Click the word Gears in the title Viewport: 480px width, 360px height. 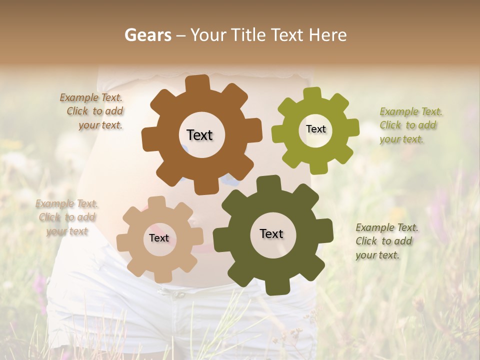click(x=147, y=35)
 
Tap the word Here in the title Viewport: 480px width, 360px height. click(x=328, y=35)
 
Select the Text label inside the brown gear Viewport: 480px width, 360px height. click(x=199, y=135)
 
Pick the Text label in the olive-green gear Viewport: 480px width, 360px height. click(x=315, y=129)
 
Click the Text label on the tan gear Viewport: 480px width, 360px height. click(x=159, y=238)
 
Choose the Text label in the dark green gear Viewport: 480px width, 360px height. click(x=271, y=233)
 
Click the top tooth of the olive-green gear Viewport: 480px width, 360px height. click(x=312, y=94)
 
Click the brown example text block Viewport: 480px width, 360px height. click(x=92, y=111)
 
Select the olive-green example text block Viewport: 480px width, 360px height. click(x=410, y=125)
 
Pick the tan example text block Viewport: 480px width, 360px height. click(x=66, y=217)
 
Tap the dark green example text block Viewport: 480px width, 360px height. click(x=386, y=241)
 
